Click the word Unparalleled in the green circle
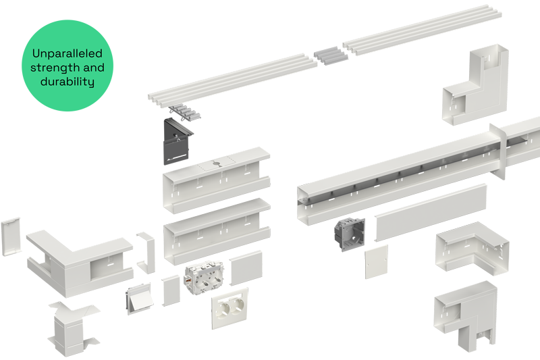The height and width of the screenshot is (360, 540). click(67, 53)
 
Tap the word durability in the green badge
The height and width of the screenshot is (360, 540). click(67, 81)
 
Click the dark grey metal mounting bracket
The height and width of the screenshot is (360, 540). click(177, 141)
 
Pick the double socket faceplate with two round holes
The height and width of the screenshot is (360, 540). click(230, 309)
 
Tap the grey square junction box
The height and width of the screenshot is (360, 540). click(349, 234)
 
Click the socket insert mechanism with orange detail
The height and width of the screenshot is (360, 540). click(205, 278)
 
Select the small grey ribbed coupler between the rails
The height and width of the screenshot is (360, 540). click(331, 55)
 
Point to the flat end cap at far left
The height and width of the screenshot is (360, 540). click(11, 236)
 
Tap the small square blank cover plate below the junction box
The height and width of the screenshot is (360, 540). click(377, 262)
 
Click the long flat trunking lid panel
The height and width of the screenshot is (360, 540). click(431, 212)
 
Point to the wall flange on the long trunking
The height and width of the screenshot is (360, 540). click(498, 151)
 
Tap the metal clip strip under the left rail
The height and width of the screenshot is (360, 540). click(184, 113)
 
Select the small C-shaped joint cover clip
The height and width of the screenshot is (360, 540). click(146, 253)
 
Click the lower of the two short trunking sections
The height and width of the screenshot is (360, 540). click(217, 231)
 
